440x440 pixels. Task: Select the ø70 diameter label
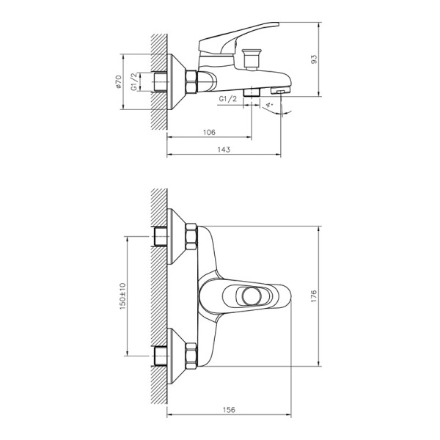[x=117, y=81]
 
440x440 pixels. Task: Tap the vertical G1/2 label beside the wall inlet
[x=133, y=81]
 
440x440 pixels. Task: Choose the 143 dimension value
[x=224, y=150]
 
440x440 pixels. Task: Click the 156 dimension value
[x=229, y=411]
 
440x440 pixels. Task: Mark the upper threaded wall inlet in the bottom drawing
[x=162, y=237]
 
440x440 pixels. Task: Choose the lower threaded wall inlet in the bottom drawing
[x=162, y=356]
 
